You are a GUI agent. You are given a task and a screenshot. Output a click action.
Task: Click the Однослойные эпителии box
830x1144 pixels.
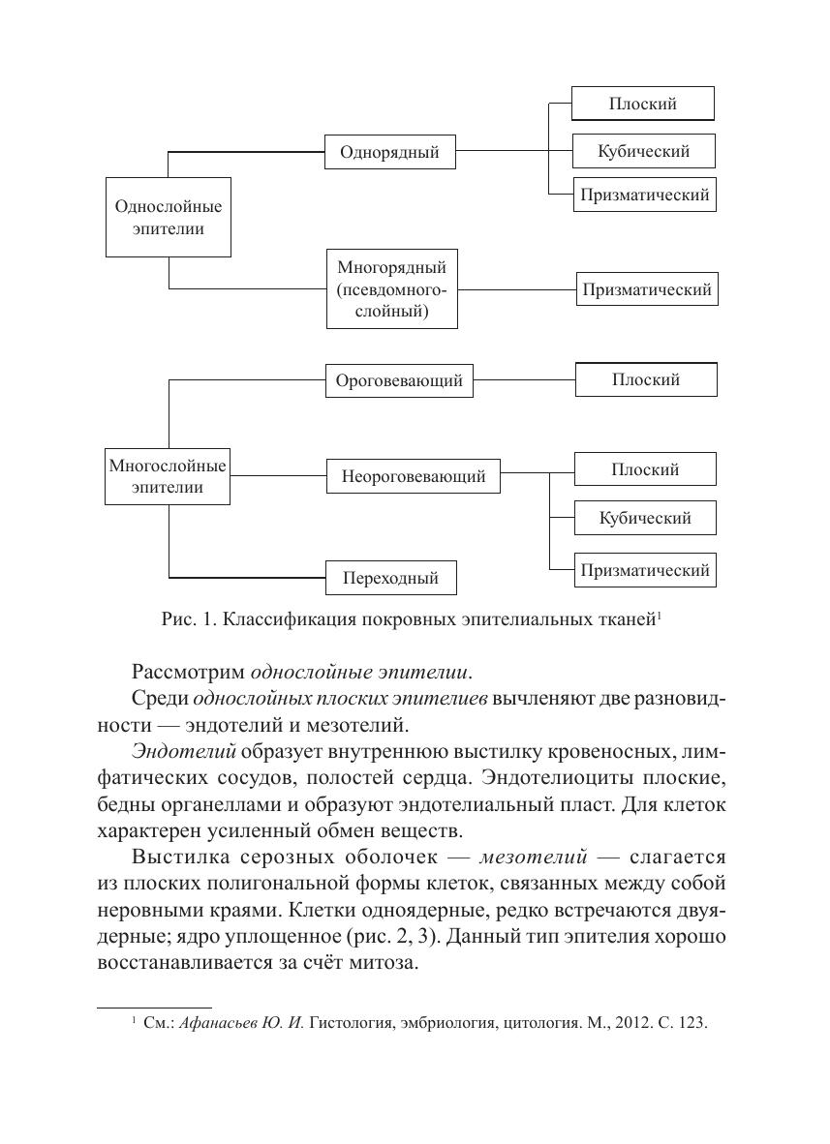[x=168, y=217]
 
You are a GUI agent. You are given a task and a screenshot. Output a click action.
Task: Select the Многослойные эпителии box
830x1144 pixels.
[x=168, y=476]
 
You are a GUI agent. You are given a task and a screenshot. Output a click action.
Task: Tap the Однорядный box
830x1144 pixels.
[x=389, y=152]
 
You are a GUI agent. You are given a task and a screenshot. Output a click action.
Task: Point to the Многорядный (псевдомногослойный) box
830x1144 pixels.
[x=390, y=288]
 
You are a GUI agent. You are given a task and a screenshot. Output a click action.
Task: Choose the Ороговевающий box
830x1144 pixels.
[x=399, y=380]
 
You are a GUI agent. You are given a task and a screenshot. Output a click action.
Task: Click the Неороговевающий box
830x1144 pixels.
[x=413, y=476]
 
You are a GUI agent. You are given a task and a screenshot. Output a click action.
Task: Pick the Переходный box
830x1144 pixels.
[x=390, y=578]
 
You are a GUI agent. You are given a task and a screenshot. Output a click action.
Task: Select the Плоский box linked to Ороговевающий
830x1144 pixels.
[x=646, y=379]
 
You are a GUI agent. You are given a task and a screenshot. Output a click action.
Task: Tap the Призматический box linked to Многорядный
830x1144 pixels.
[x=647, y=289]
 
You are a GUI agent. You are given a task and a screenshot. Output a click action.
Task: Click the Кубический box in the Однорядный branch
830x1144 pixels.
[x=644, y=151]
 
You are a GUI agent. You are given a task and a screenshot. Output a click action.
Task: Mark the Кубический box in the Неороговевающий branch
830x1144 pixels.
[x=645, y=518]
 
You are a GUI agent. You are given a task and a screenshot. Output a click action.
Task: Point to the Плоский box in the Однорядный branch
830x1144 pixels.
[x=642, y=104]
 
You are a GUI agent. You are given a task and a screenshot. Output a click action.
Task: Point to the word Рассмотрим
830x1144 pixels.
[x=188, y=671]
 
